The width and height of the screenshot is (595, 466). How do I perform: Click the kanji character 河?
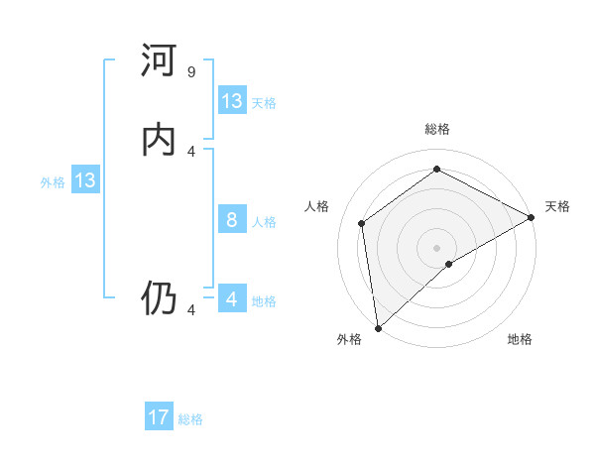tap(160, 62)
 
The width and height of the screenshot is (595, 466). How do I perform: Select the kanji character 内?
tap(160, 140)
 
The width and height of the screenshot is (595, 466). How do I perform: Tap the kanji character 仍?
tap(160, 297)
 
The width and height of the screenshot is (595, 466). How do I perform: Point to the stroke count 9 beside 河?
tap(191, 72)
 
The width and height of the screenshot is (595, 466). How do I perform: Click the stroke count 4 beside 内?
tap(191, 151)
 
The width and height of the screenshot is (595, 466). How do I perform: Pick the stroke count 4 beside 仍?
tap(191, 310)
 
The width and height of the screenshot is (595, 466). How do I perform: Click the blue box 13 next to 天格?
tap(232, 101)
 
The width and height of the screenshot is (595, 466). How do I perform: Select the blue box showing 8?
tap(232, 220)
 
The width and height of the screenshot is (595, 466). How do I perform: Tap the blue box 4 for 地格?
tap(232, 299)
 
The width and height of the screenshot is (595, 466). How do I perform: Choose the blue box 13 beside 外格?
tap(85, 180)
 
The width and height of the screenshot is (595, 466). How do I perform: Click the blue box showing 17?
tap(159, 417)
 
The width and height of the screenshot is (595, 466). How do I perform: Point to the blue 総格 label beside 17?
tap(191, 419)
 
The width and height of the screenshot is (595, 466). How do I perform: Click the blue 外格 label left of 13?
tap(53, 182)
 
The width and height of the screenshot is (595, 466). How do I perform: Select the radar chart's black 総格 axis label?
tap(437, 129)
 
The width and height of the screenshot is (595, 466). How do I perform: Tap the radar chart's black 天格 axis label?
tap(557, 206)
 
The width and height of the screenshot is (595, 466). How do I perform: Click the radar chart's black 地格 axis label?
tap(520, 340)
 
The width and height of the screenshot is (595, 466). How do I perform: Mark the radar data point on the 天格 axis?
tap(532, 217)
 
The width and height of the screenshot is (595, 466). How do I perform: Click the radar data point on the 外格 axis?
tap(378, 327)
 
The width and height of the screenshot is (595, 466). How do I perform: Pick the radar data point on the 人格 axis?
tap(362, 223)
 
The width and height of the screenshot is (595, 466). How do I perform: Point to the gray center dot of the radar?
tap(437, 247)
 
